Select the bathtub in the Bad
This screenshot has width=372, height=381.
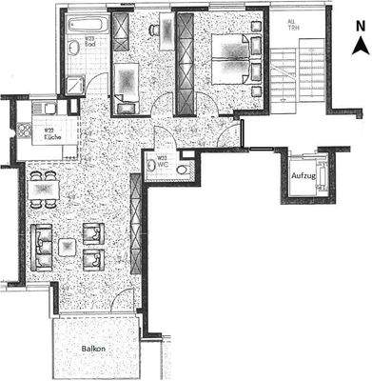[x=87, y=20]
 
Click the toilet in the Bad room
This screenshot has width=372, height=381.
[x=73, y=49]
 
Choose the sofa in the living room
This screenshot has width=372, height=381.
[x=41, y=247]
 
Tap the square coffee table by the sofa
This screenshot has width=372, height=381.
[x=69, y=249]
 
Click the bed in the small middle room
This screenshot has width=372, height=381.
[x=126, y=80]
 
